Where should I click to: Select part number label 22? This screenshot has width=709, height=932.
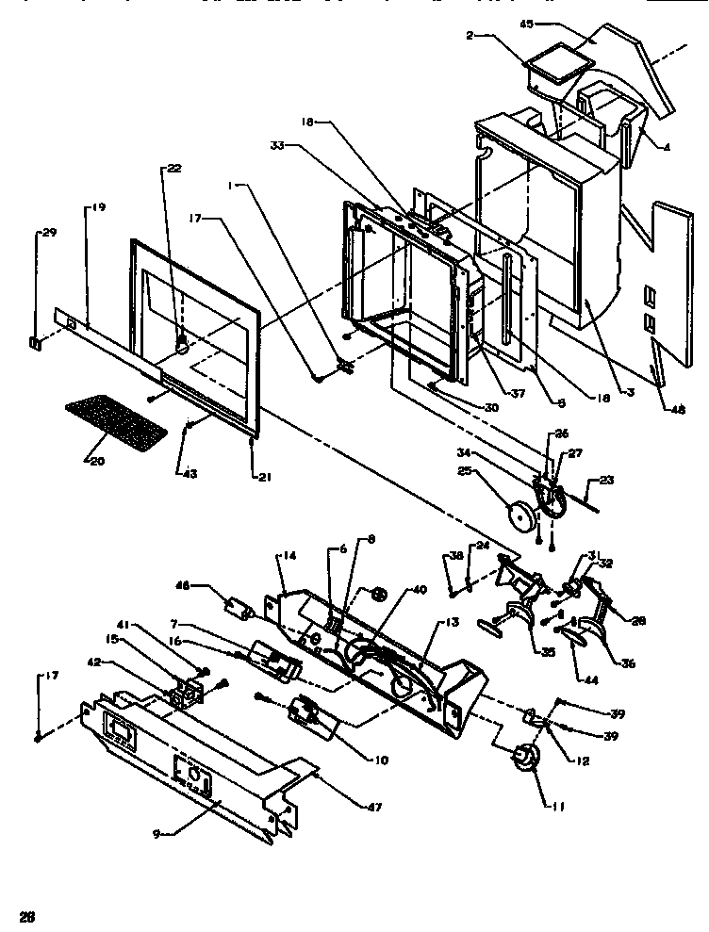coord(174,169)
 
